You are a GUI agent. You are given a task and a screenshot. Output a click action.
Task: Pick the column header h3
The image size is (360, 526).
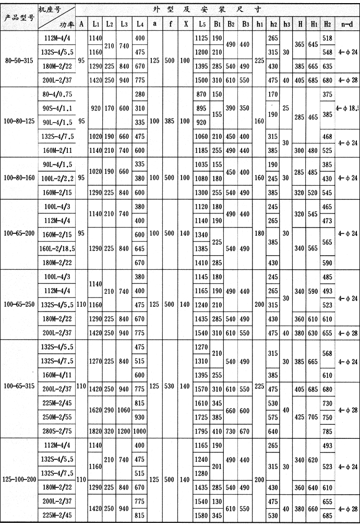(286, 23)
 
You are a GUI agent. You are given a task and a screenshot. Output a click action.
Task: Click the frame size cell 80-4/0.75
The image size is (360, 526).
(57, 94)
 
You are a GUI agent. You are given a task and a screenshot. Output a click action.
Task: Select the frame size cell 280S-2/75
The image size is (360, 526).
(57, 431)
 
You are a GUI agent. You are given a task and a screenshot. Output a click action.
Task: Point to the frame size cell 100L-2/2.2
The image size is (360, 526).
(57, 178)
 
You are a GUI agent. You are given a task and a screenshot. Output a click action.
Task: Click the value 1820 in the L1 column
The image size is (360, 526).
(95, 431)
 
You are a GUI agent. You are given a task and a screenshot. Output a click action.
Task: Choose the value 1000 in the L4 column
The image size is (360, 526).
(139, 431)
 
